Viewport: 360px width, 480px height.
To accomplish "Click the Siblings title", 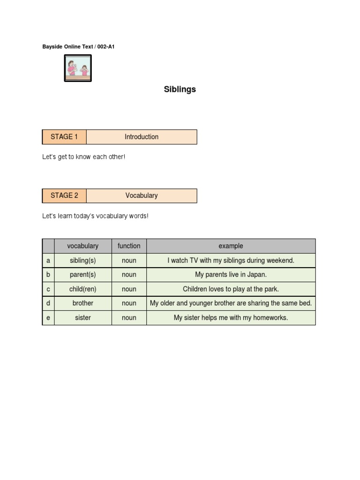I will click(x=180, y=89).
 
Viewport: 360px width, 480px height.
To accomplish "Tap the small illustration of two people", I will click(x=78, y=68).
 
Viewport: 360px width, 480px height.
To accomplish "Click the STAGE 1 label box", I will click(x=64, y=137).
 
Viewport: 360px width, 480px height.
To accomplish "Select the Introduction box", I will click(x=142, y=137).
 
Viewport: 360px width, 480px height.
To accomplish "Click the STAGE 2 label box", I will click(x=64, y=195).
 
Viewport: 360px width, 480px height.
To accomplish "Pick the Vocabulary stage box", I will click(x=142, y=195).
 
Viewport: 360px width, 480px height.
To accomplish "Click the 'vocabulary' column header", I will click(x=82, y=246).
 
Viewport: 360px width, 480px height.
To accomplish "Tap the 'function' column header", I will click(x=129, y=246).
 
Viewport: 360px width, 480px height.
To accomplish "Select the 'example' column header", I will click(x=231, y=246).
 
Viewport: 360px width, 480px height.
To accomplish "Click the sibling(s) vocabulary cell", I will click(x=82, y=260).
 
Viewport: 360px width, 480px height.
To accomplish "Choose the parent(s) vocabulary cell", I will click(x=82, y=275).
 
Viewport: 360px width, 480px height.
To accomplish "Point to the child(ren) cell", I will click(x=82, y=289).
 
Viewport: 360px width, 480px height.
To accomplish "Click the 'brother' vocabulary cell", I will click(x=82, y=303).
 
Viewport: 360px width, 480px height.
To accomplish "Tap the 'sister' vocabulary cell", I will click(x=82, y=318).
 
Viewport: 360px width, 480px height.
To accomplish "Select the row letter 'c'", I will click(x=48, y=289).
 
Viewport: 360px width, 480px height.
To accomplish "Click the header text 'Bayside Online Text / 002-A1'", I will click(x=78, y=47).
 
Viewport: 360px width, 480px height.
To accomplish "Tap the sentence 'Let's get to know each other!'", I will click(x=84, y=157).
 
